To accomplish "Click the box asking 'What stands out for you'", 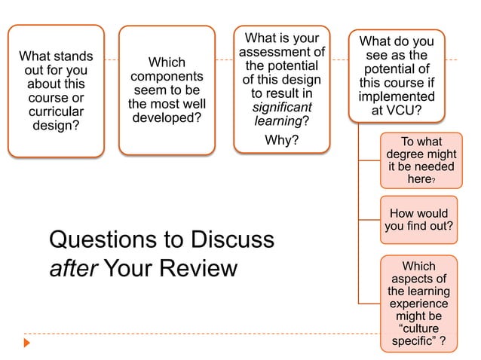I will pyautogui.click(x=56, y=91).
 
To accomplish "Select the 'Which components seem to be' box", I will pyautogui.click(x=167, y=91).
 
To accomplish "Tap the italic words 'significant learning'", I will pyautogui.click(x=282, y=114).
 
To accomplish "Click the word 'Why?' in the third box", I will pyautogui.click(x=282, y=141).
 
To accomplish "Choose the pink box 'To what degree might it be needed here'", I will pyautogui.click(x=418, y=160).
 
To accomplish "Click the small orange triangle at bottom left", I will pyautogui.click(x=27, y=343).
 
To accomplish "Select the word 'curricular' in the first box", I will pyautogui.click(x=57, y=111).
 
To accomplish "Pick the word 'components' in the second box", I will pyautogui.click(x=167, y=77).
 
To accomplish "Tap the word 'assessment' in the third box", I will pyautogui.click(x=282, y=52).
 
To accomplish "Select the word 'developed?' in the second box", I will pyautogui.click(x=167, y=118).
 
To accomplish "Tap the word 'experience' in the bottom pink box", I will pyautogui.click(x=418, y=304).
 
